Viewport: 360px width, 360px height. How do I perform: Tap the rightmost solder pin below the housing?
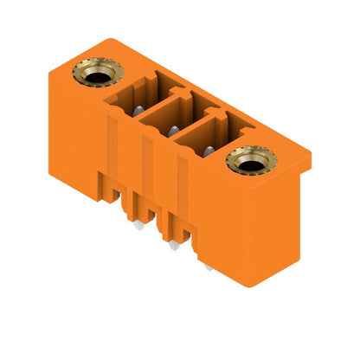click(x=209, y=267)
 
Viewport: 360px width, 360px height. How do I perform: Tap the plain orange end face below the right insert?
click(x=260, y=234)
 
